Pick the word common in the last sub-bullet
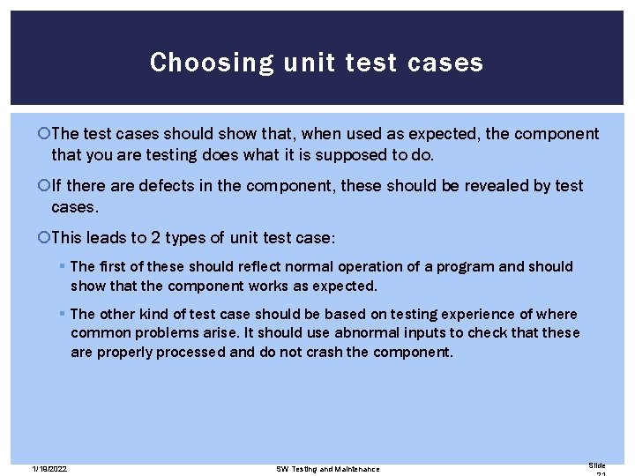coord(100,332)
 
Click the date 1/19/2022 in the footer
coord(49,468)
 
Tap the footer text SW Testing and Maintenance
coord(327,468)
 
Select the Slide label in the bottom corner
coord(597,465)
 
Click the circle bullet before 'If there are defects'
coord(46,186)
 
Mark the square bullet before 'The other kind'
coord(62,315)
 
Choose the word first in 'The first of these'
coord(114,266)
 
